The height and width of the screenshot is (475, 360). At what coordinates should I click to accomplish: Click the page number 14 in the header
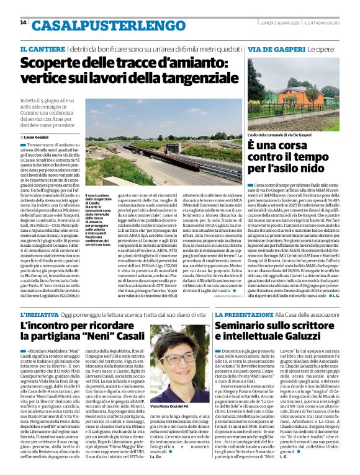23,22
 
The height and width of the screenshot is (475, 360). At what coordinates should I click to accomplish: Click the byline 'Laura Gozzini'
38,136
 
